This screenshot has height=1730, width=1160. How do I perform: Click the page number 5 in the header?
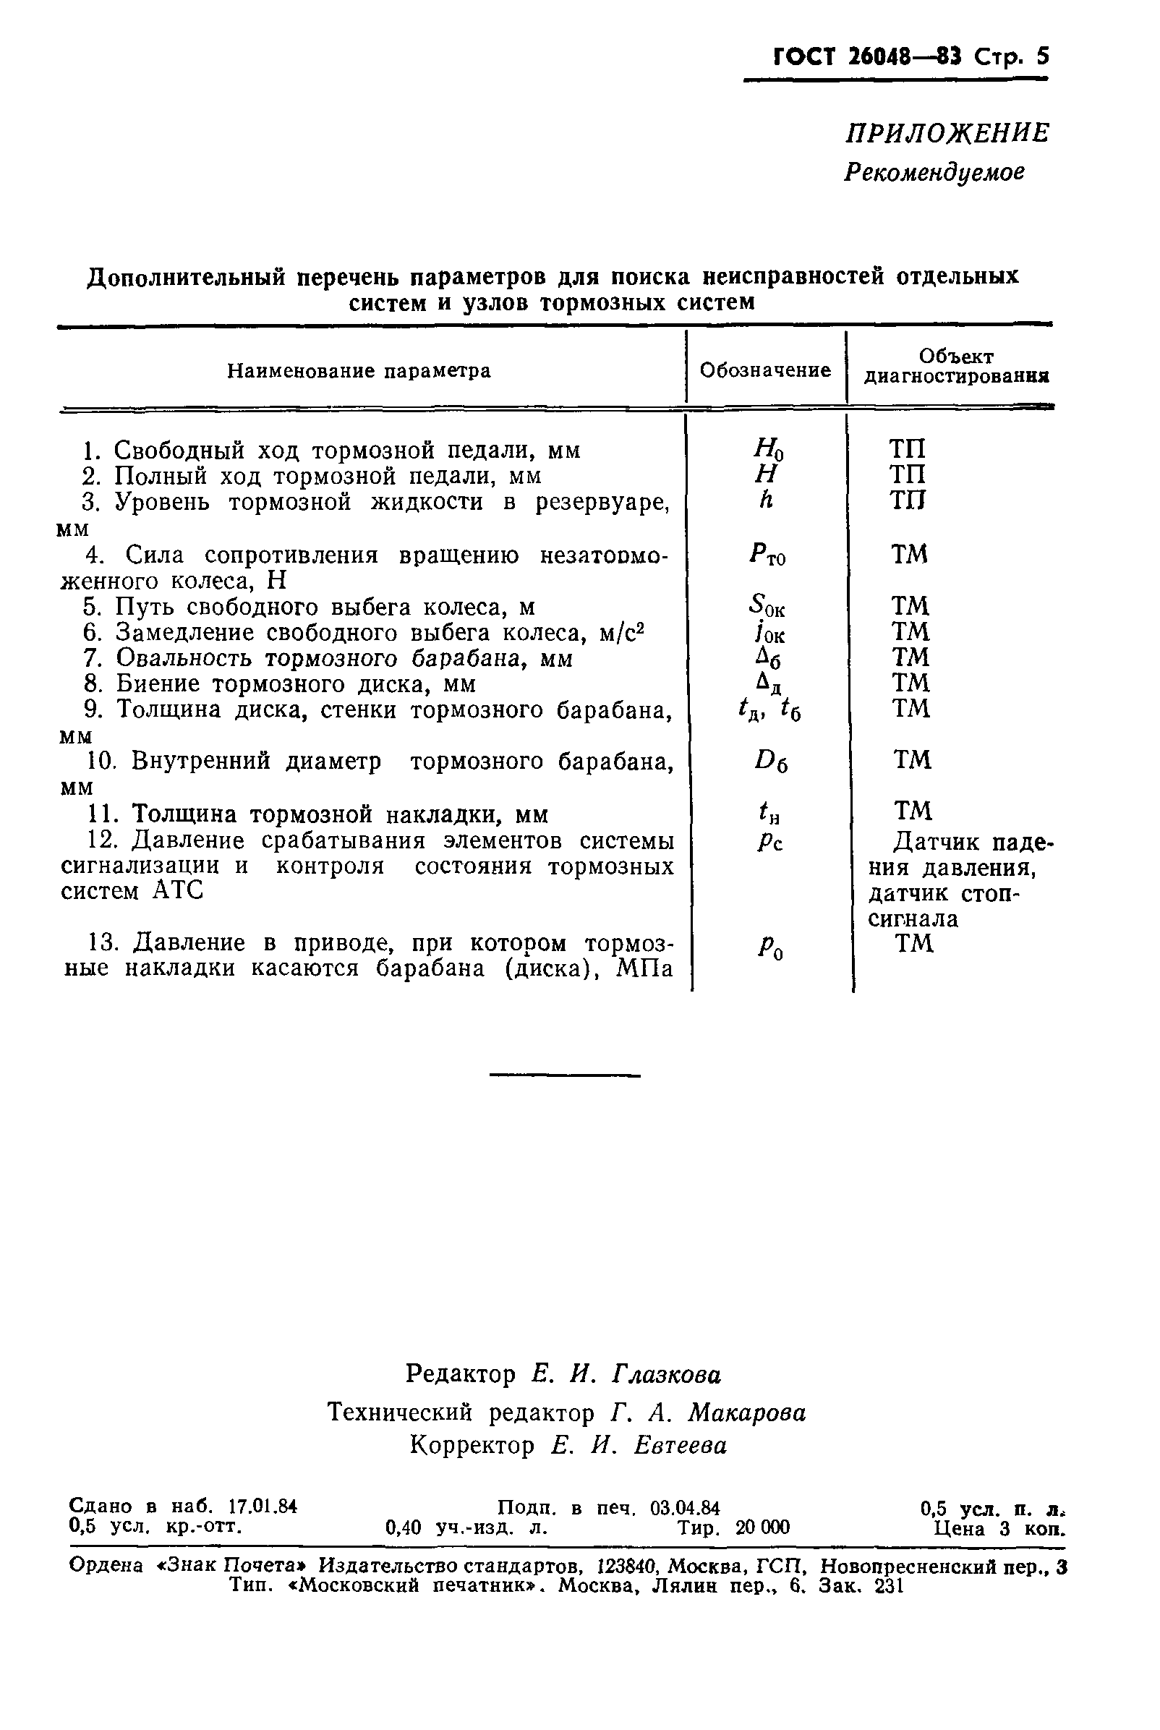pos(1042,57)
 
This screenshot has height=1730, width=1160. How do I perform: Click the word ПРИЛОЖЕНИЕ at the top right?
pos(947,134)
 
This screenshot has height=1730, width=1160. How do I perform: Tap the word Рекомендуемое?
pos(934,172)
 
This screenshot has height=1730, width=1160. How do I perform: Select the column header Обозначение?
pos(765,370)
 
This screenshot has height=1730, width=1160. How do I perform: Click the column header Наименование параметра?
pos(359,370)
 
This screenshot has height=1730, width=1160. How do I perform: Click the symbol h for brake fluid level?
pos(765,500)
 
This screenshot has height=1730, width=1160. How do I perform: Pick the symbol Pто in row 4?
pos(767,555)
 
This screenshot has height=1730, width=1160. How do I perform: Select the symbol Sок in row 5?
pos(767,608)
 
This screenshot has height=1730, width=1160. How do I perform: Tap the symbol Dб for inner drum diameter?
pos(772,761)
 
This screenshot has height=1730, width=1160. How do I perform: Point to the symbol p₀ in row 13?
pos(770,947)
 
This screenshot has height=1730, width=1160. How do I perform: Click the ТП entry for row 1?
pos(907,449)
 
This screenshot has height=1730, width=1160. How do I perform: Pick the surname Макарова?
pos(746,1413)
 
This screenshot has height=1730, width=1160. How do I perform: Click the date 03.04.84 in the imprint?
pos(684,1507)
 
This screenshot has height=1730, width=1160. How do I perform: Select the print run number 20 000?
pos(763,1527)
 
